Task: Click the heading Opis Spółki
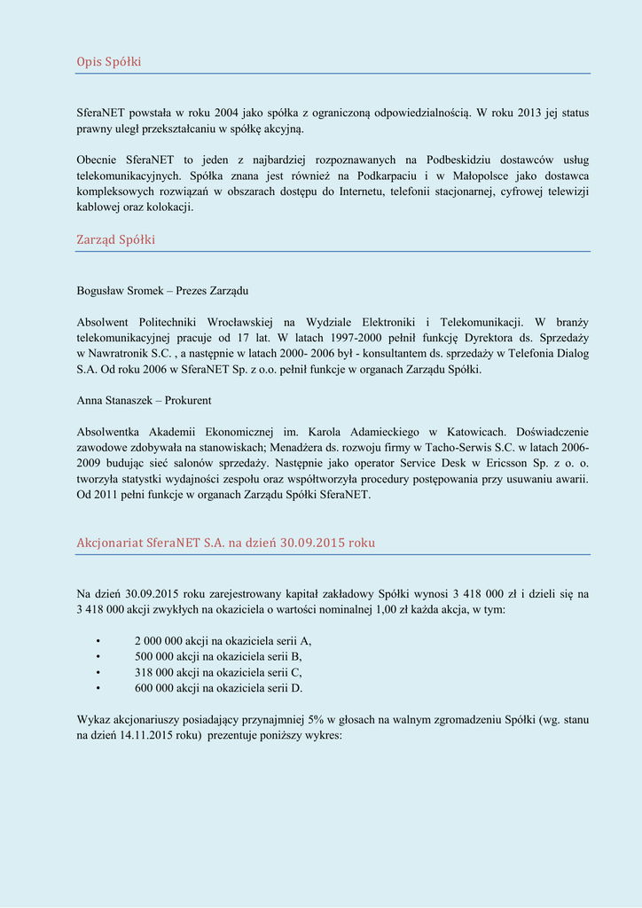[109, 61]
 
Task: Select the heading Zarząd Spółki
[116, 239]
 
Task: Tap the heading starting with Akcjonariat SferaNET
[226, 542]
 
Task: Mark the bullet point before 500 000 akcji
[98, 656]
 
